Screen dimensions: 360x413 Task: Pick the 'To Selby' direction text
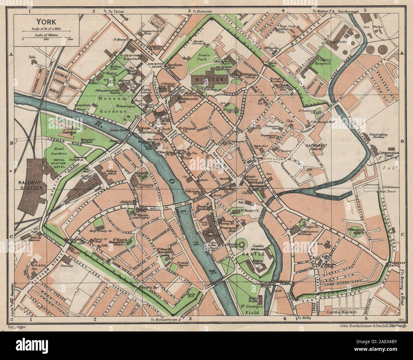pyautogui.click(x=304, y=318)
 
